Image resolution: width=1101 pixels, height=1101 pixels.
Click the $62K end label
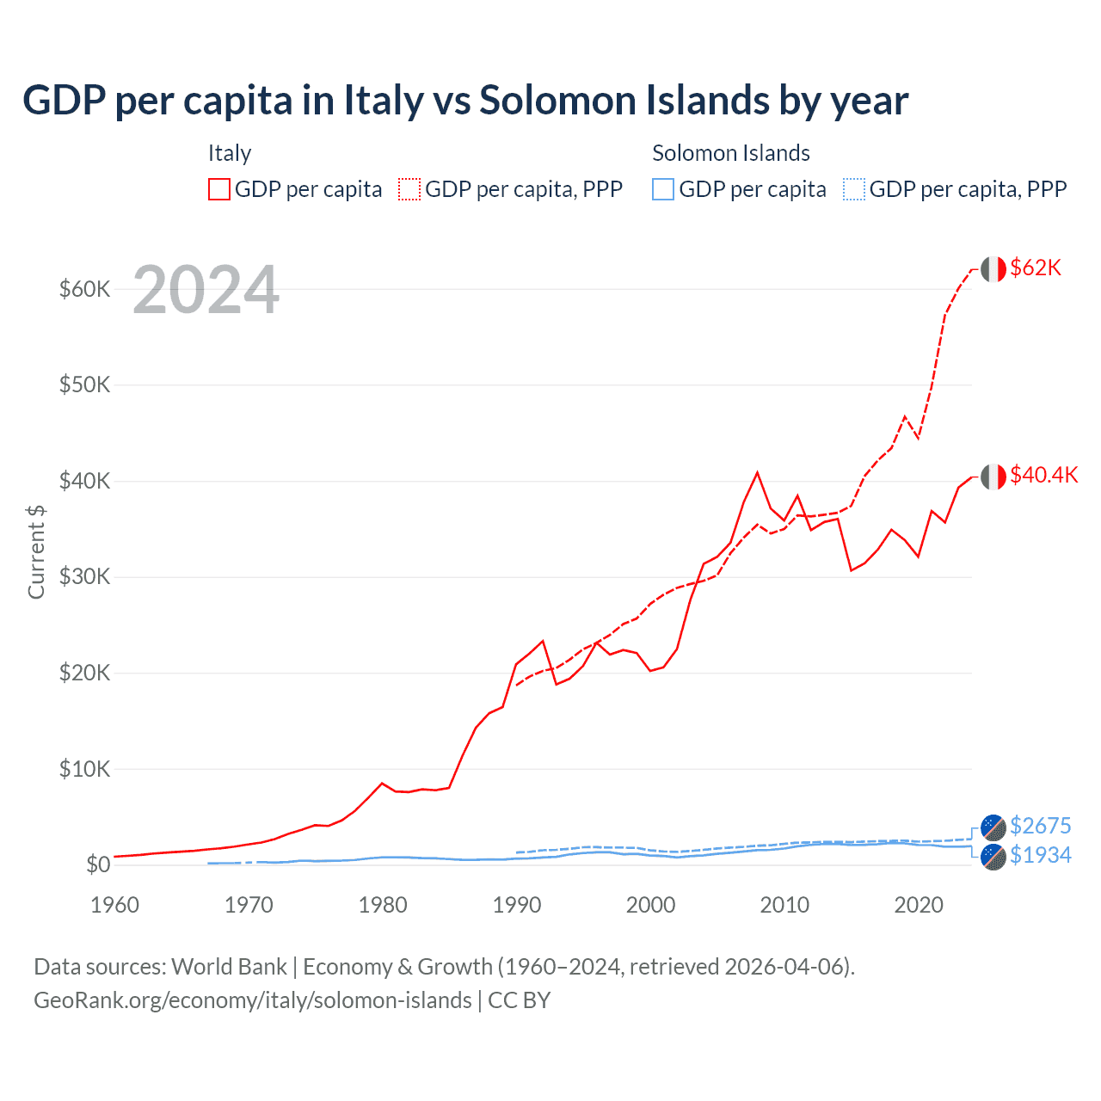tap(1036, 268)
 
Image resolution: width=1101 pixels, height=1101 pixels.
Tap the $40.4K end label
tap(1043, 476)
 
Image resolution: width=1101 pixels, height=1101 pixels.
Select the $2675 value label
tap(1040, 826)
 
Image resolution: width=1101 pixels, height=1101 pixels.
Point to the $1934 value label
tap(1040, 855)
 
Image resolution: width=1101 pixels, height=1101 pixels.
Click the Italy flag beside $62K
tap(993, 269)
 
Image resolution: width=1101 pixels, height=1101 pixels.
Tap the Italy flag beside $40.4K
tap(993, 477)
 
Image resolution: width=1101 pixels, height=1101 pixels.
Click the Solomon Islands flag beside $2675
tap(993, 827)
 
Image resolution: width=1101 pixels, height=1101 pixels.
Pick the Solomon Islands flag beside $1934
tap(993, 857)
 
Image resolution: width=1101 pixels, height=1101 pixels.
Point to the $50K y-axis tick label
tap(84, 384)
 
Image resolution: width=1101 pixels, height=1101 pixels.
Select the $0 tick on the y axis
tap(98, 864)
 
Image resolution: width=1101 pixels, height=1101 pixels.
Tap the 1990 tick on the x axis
tap(517, 905)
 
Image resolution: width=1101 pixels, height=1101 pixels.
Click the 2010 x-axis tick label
tap(784, 905)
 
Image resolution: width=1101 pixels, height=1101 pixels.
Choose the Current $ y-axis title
tap(36, 552)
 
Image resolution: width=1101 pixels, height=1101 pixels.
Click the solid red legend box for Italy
tap(219, 189)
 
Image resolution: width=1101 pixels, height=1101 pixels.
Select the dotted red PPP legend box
tap(409, 189)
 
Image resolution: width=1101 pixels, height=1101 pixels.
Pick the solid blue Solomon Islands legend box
tap(663, 189)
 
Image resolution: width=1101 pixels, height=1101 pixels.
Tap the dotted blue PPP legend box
tap(853, 189)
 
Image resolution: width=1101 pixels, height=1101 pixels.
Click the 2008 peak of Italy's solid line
tap(757, 472)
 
